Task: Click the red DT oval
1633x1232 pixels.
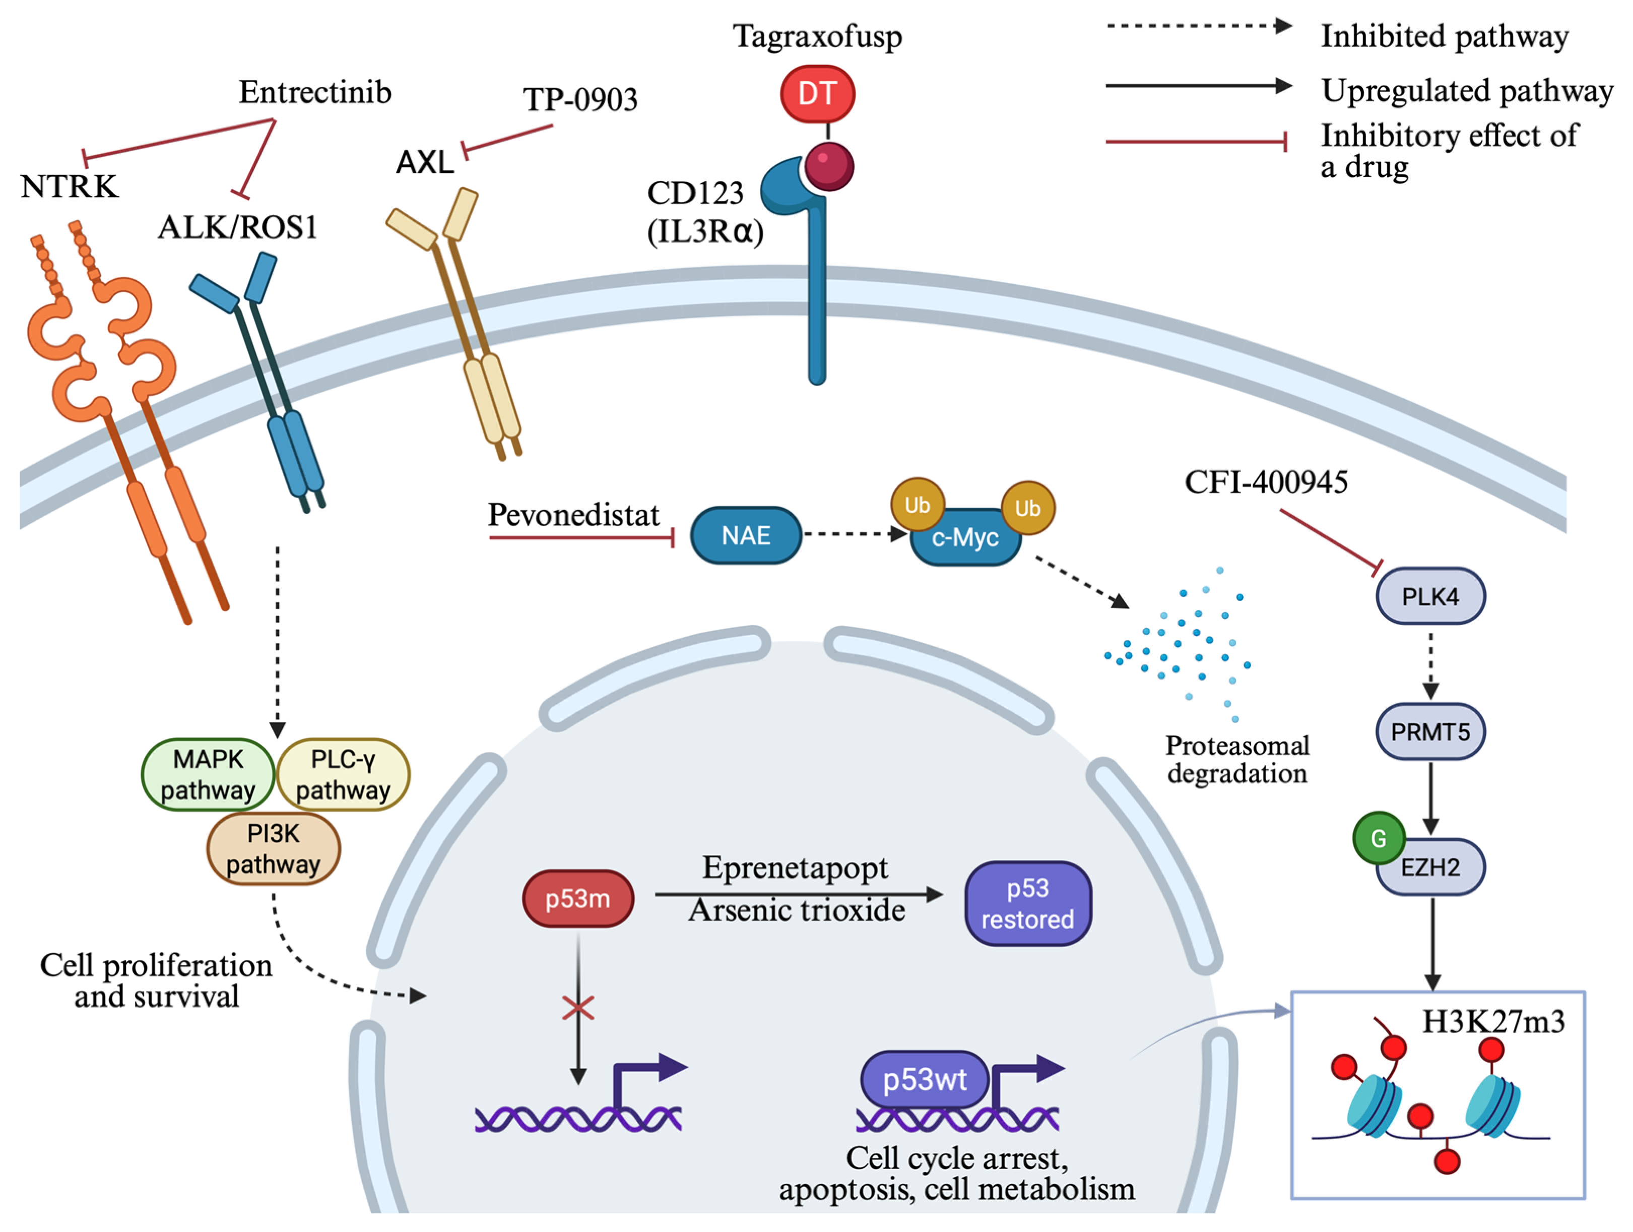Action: coord(817,94)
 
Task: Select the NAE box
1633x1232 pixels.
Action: coord(746,535)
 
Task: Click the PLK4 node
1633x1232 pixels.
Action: coord(1430,596)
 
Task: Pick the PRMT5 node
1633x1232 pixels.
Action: coord(1430,732)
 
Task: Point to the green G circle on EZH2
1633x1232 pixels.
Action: coord(1379,838)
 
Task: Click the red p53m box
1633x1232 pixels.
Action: coord(578,899)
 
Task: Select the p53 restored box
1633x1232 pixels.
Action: coord(1028,903)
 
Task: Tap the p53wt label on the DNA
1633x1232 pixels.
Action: coord(924,1080)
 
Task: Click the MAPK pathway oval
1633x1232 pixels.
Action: coord(208,775)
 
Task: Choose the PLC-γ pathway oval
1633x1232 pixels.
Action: coord(343,775)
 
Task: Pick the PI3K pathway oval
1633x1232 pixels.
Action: coord(273,849)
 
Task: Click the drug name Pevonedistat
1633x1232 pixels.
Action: coord(573,515)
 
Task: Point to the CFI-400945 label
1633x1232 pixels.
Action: coord(1266,482)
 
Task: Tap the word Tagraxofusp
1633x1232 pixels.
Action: coord(817,37)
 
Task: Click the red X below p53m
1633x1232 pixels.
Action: coord(578,1008)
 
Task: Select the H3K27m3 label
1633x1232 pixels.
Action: coord(1493,1021)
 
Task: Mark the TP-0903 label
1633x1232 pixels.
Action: coord(580,100)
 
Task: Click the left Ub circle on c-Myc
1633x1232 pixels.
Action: coord(918,505)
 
